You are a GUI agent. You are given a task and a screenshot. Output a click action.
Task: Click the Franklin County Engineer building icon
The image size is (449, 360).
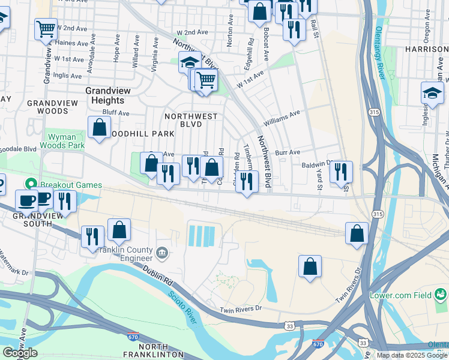pyautogui.click(x=161, y=252)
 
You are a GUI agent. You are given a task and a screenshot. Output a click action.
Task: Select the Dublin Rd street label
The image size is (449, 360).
pyautogui.click(x=154, y=277)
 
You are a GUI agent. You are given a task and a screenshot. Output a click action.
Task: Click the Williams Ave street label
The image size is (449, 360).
pyautogui.click(x=281, y=117)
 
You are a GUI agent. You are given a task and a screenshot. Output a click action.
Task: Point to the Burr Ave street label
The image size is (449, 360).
pyautogui.click(x=287, y=152)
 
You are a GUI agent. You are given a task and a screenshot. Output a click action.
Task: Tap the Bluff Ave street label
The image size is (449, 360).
pyautogui.click(x=116, y=113)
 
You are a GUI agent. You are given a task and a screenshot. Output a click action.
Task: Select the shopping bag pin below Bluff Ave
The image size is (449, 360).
pyautogui.click(x=99, y=128)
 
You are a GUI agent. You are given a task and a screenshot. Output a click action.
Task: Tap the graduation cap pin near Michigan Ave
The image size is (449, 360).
pyautogui.click(x=432, y=93)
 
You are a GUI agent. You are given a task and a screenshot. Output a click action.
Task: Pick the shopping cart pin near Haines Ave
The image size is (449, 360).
pyautogui.click(x=46, y=29)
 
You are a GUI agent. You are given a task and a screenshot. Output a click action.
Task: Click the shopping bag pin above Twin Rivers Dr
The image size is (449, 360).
pyautogui.click(x=310, y=266)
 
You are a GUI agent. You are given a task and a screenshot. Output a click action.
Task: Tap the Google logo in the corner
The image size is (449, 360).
pyautogui.click(x=20, y=353)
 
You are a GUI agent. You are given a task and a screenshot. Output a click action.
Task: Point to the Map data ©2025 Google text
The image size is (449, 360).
pyautogui.click(x=412, y=355)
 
